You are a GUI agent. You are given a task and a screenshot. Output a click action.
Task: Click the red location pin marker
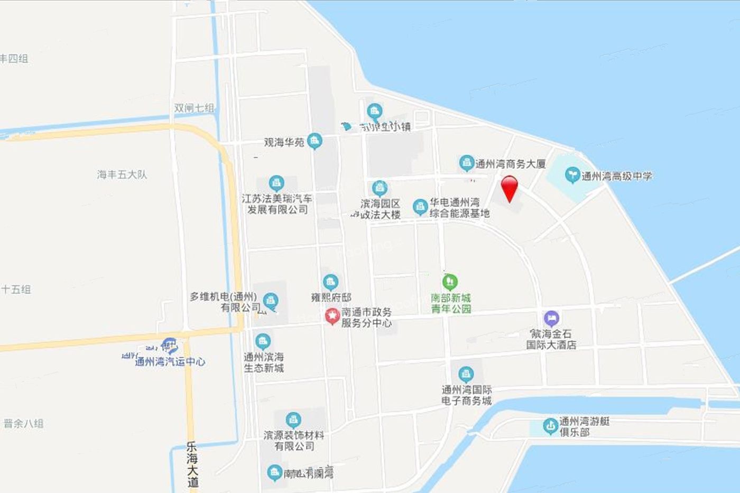tap(509, 187)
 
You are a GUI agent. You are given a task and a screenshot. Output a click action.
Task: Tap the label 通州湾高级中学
tap(616, 176)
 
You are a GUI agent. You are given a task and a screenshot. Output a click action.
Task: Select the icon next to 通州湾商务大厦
tap(466, 163)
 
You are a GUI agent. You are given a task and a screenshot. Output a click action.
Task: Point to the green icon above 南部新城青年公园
tap(450, 281)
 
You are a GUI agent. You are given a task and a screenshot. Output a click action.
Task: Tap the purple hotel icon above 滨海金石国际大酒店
tap(551, 318)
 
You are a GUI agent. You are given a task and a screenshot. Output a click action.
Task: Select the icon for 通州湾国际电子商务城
tap(466, 375)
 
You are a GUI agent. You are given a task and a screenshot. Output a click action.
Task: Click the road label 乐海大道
tap(192, 464)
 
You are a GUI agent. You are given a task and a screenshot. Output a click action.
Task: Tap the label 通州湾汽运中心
tap(170, 362)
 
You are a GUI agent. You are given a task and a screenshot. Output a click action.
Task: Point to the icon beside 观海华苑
tap(315, 141)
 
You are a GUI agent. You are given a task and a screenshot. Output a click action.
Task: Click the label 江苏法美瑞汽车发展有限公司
tap(277, 204)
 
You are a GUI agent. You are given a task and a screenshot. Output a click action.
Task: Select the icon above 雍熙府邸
tap(331, 282)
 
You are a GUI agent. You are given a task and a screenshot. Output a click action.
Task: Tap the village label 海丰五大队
tap(122, 174)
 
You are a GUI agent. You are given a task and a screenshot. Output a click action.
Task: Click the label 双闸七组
tap(194, 108)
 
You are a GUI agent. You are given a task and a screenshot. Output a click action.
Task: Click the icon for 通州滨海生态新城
tap(263, 341)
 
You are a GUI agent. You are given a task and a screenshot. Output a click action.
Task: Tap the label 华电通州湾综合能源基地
tap(459, 208)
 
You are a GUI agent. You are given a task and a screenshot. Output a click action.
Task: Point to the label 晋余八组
tap(24, 423)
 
